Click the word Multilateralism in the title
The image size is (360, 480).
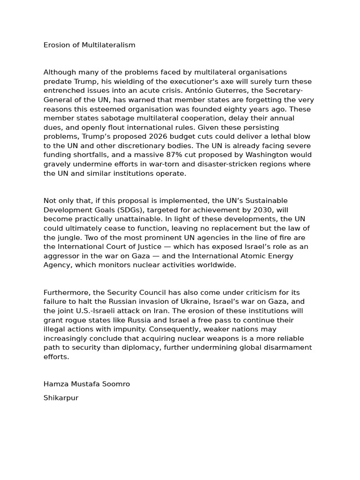tap(109, 45)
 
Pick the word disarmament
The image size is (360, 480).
tap(287, 348)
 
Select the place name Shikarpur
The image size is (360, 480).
tap(61, 398)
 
